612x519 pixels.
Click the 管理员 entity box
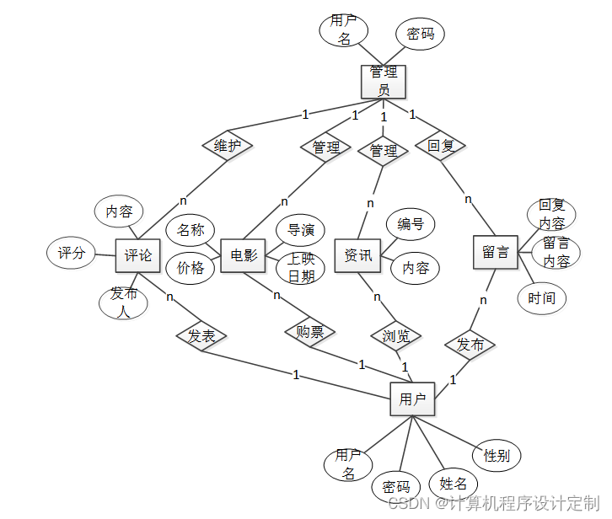coord(384,81)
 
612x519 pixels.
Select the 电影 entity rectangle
coord(244,255)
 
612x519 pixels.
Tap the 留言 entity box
coord(495,252)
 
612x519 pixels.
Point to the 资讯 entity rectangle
coord(358,255)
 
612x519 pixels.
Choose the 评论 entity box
coord(138,255)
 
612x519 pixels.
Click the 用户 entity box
coord(412,399)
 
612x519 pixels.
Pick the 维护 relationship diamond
coord(228,146)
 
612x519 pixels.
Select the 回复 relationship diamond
coord(440,146)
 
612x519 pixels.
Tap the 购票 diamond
coord(310,332)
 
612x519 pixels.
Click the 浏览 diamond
coord(395,336)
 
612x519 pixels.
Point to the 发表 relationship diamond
coord(201,336)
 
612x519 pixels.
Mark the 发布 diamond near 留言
coord(470,344)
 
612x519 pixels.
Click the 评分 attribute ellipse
coord(72,253)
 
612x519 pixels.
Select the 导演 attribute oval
coord(301,230)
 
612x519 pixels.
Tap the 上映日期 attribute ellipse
coord(301,267)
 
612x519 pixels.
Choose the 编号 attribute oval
coord(411,224)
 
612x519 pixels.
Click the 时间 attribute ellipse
coord(542,297)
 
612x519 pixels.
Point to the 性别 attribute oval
coord(497,456)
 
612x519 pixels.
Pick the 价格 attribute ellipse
coord(191,268)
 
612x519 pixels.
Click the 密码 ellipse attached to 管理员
coord(421,34)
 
